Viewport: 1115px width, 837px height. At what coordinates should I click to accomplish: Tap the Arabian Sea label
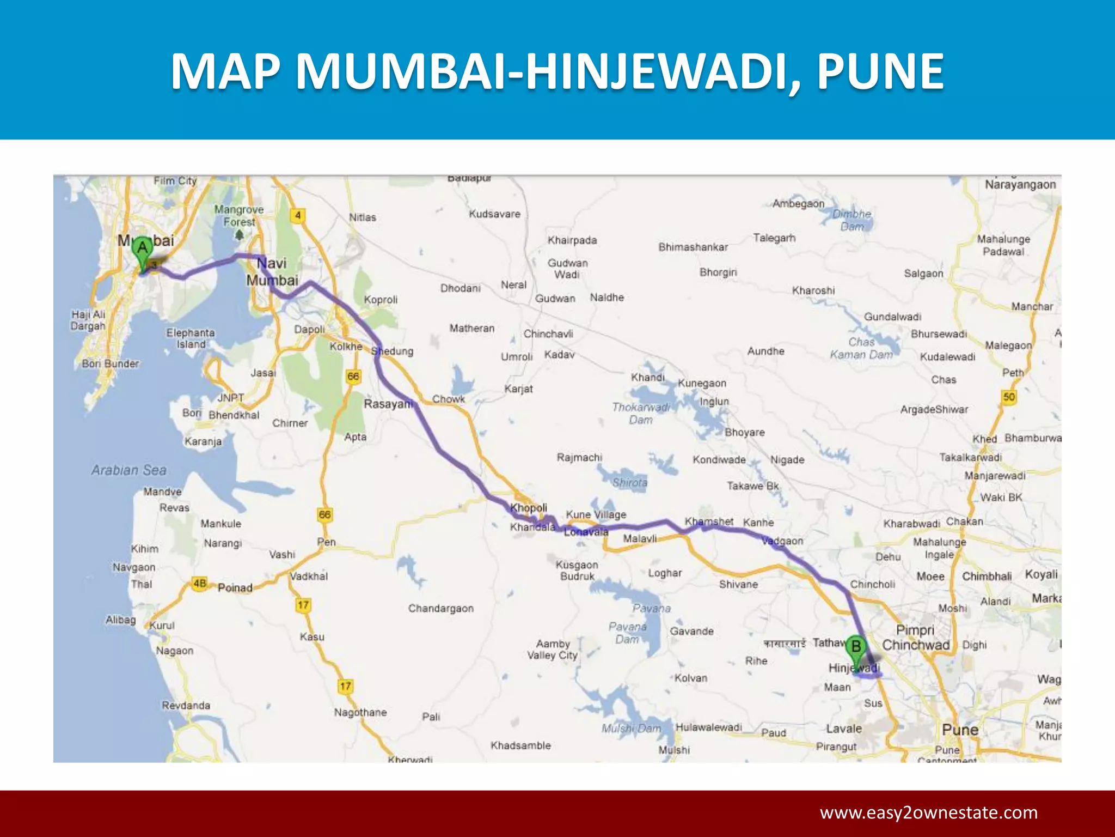(x=129, y=470)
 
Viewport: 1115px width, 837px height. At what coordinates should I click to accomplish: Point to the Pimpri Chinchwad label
(x=916, y=638)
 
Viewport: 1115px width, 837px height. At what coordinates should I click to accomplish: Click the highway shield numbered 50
(x=1009, y=397)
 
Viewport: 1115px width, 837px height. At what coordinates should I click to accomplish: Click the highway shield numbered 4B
(x=200, y=584)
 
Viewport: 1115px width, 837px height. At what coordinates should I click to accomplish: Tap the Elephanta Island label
(x=191, y=338)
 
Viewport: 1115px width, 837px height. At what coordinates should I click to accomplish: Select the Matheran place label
(x=472, y=328)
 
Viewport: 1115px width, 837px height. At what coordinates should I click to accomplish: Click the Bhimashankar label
(x=693, y=247)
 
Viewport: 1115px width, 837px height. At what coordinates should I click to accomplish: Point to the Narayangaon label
(x=1020, y=185)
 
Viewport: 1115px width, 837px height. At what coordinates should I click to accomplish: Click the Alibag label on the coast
(x=121, y=620)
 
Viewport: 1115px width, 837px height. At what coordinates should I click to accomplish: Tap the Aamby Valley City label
(x=553, y=650)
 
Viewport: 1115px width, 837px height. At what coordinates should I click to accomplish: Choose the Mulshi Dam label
(x=631, y=728)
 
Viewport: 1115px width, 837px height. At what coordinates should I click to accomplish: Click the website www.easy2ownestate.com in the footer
(x=929, y=812)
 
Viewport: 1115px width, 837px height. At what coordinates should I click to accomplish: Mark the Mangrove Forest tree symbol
(x=239, y=235)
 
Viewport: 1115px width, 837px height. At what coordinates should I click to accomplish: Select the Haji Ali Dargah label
(x=88, y=320)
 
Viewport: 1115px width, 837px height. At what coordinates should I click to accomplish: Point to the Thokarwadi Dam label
(x=641, y=414)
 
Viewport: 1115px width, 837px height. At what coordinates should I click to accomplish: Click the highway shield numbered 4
(x=297, y=216)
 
